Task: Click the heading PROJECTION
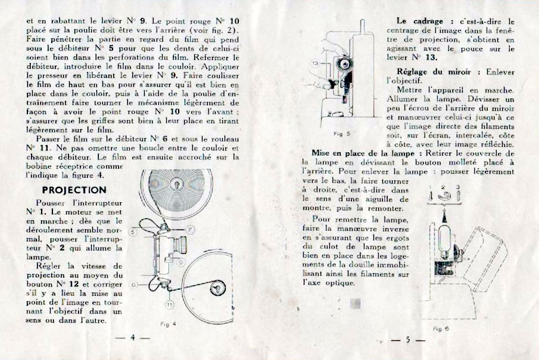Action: pos(74,190)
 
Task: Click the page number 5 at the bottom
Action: pos(408,340)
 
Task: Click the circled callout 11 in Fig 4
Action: pos(169,304)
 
